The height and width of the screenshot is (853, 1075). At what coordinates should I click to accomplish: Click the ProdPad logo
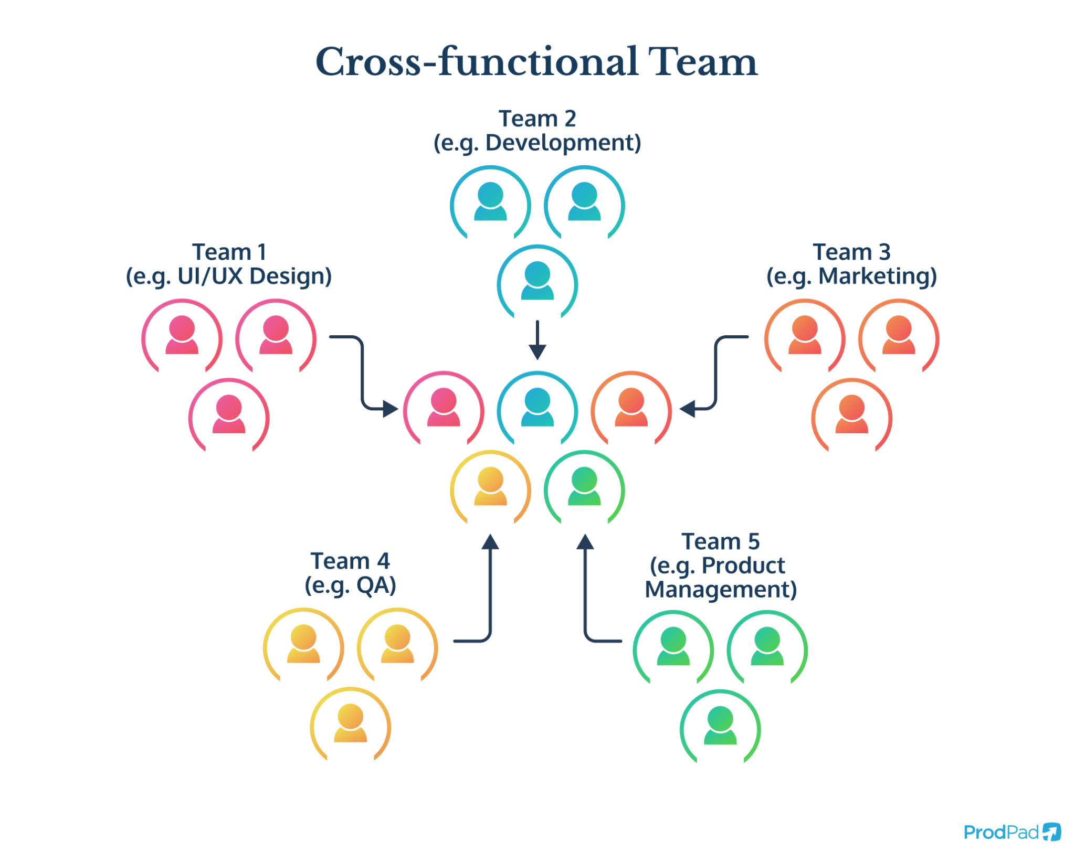tap(1011, 832)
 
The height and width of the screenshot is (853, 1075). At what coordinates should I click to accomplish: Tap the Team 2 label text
tap(537, 119)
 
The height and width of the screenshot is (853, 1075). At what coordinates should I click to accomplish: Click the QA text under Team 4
tap(375, 585)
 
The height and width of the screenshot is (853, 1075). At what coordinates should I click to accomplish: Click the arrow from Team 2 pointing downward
tap(537, 340)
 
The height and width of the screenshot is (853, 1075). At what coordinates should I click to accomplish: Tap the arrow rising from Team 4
tap(490, 593)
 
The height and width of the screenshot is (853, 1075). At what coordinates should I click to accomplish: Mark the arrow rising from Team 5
tap(585, 593)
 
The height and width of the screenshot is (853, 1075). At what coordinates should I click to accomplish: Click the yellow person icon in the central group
tap(490, 487)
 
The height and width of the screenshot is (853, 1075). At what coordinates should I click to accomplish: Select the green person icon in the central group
tap(584, 487)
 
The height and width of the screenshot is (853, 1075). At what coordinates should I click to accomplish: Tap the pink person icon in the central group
tap(444, 408)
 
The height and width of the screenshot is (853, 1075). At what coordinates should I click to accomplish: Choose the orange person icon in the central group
tap(631, 408)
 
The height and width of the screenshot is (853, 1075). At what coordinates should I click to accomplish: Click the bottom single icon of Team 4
tap(350, 724)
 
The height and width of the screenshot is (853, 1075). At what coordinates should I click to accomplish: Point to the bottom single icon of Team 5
tap(720, 726)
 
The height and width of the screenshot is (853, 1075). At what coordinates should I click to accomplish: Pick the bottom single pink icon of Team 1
tap(229, 415)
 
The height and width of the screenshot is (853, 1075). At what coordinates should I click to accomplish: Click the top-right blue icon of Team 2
tap(584, 202)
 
